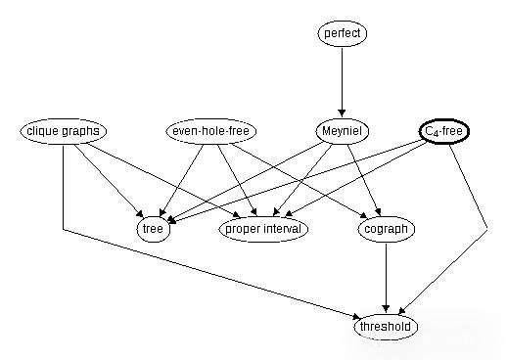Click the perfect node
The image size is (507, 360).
[x=342, y=34]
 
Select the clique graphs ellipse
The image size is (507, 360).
[x=64, y=131]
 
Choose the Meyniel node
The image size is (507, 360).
[x=342, y=131]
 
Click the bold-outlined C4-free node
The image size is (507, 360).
[x=442, y=131]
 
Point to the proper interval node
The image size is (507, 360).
[x=263, y=229]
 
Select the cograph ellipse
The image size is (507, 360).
[x=388, y=229]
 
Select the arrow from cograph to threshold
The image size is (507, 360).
[x=388, y=278]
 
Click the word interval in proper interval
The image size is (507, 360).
[x=283, y=229]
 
